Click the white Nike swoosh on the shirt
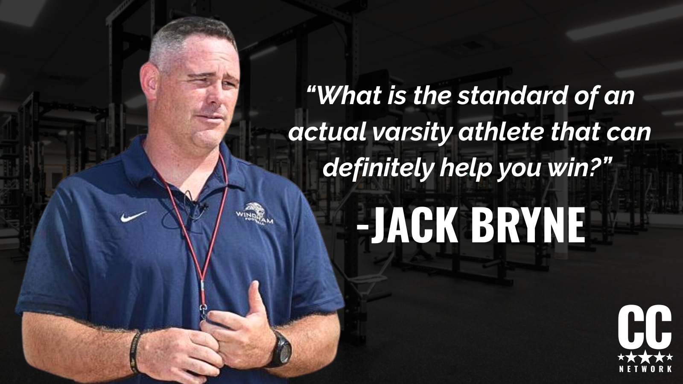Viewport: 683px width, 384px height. pyautogui.click(x=133, y=216)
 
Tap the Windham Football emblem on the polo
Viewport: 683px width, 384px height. pyautogui.click(x=254, y=214)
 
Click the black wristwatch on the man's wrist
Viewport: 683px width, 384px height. pyautogui.click(x=280, y=349)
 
